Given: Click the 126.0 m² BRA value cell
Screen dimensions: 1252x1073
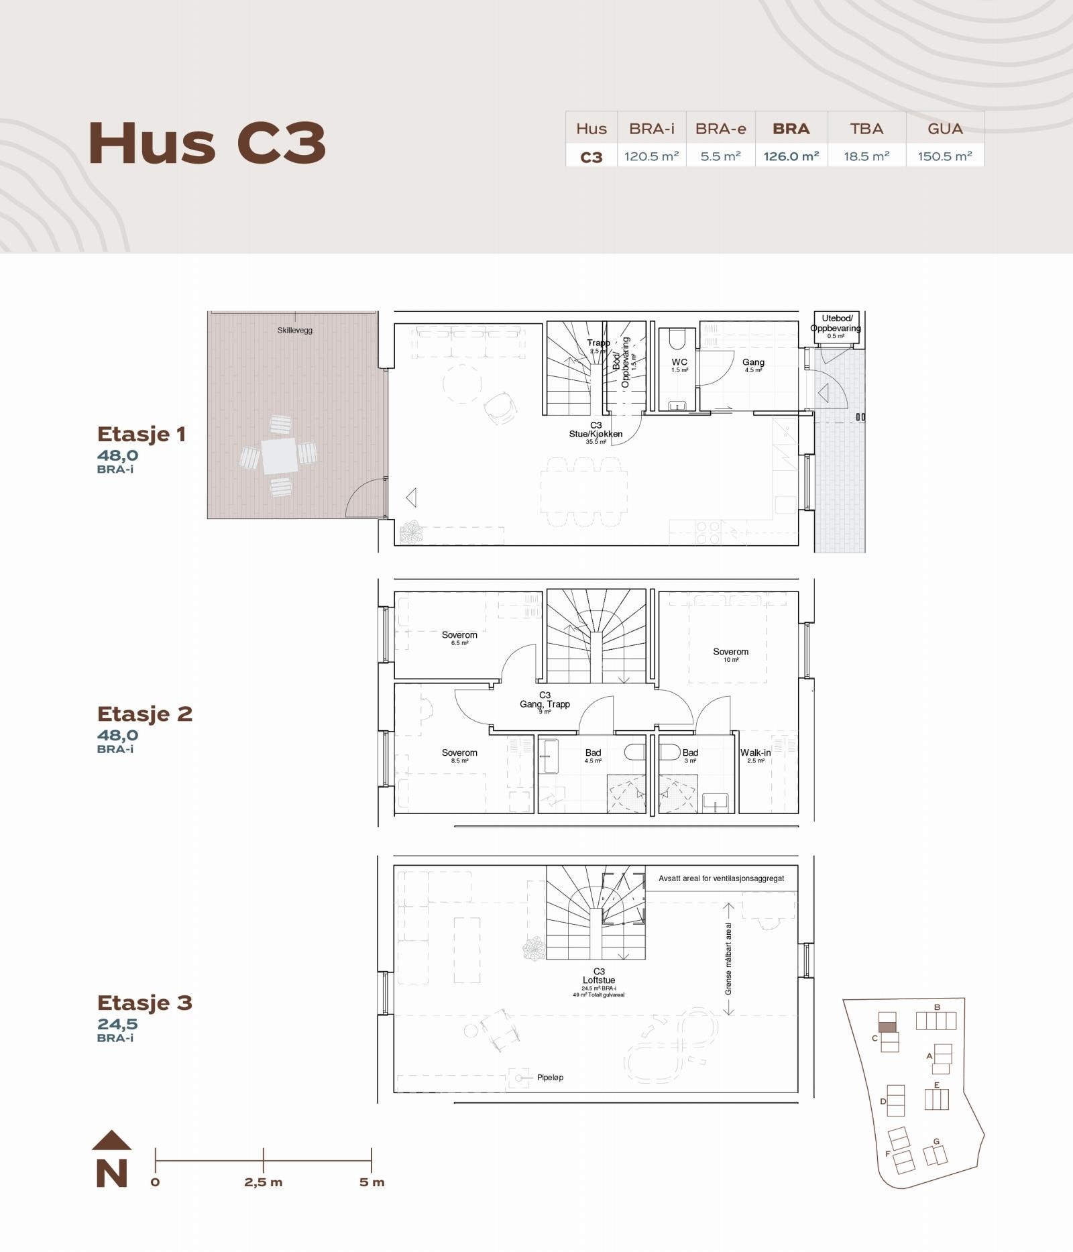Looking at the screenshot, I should (x=791, y=156).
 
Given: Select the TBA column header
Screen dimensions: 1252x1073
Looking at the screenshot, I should (x=866, y=128).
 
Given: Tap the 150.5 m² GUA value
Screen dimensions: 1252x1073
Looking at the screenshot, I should (x=945, y=156).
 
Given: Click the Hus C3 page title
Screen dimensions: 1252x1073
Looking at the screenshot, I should (x=207, y=143).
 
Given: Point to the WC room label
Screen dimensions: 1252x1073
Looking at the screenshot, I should (x=679, y=362).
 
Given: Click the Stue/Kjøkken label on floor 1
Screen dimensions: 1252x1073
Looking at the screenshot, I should (x=596, y=434).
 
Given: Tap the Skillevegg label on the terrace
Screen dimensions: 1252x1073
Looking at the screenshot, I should (x=295, y=330).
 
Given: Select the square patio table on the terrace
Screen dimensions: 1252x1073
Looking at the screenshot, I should (x=279, y=456).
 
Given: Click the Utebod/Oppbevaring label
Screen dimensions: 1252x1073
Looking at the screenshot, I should (x=836, y=323).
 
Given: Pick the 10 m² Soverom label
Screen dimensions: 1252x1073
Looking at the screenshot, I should (x=730, y=652).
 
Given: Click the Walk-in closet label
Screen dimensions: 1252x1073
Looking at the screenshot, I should (x=755, y=752).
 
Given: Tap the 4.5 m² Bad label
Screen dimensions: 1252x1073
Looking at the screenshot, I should (x=593, y=753).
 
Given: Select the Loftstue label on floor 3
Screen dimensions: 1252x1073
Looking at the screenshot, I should (x=599, y=980).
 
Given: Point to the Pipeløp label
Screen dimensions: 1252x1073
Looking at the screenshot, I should (x=550, y=1077).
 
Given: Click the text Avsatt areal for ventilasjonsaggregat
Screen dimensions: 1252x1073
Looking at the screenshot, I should (x=721, y=878).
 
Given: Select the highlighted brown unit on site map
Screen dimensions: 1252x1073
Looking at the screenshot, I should (x=887, y=1026).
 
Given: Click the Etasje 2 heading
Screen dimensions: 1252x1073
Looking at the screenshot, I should (x=145, y=714).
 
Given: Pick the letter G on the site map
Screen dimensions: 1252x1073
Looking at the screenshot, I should (x=936, y=1141).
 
